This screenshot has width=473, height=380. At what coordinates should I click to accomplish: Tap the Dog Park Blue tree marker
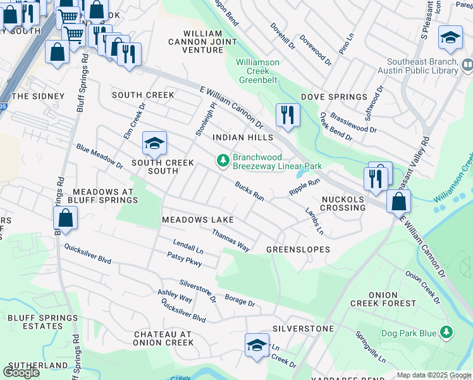click(x=447, y=332)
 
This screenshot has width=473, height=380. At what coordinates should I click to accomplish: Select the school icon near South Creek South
click(x=154, y=144)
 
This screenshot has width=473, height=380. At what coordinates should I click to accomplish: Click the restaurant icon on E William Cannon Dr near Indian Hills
click(x=287, y=115)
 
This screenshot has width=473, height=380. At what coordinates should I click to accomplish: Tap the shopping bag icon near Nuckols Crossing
click(x=399, y=202)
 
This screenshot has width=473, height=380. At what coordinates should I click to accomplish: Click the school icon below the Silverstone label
click(x=257, y=345)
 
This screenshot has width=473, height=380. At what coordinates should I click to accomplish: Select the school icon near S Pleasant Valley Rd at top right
click(x=450, y=38)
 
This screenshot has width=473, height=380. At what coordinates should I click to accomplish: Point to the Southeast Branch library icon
click(x=467, y=65)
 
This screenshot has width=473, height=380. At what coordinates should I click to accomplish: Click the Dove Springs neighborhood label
click(x=334, y=97)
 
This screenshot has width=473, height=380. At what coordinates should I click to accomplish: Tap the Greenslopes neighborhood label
click(x=298, y=250)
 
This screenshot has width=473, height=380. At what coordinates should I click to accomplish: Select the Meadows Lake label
click(x=198, y=220)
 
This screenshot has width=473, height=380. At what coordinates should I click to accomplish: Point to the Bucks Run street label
click(x=249, y=191)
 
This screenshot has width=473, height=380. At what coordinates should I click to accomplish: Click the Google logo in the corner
click(x=21, y=372)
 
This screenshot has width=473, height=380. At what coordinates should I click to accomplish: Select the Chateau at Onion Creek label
click(x=163, y=338)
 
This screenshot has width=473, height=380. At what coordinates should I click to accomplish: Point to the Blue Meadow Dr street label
click(x=99, y=156)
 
